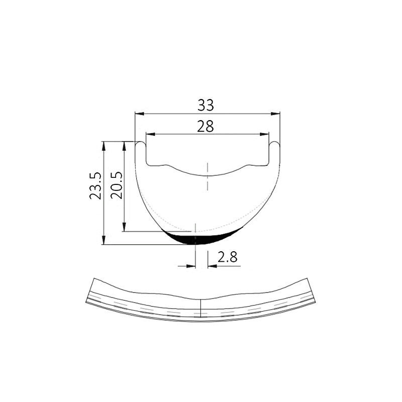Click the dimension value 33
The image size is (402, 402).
tap(206, 105)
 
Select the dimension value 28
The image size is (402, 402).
tap(206, 127)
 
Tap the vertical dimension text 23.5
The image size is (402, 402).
tap(95, 185)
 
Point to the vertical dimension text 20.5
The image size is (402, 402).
tap(117, 185)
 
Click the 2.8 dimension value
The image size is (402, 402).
tap(228, 257)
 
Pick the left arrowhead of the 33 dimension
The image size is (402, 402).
tap(140, 114)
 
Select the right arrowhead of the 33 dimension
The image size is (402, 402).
tap(275, 114)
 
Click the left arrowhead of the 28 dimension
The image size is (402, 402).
tap(150, 134)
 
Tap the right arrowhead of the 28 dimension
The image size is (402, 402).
tap(264, 134)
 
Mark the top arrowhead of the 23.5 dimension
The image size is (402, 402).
tap(104, 146)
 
